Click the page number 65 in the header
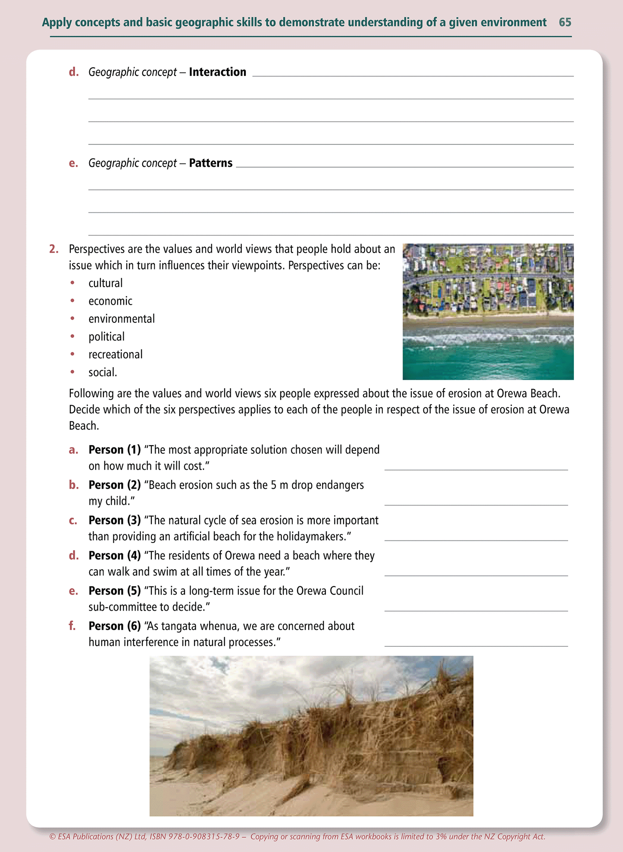[565, 22]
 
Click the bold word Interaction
[217, 72]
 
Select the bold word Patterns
[210, 163]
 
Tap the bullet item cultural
[106, 283]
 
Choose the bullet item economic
[110, 301]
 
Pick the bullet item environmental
[122, 319]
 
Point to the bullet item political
[106, 337]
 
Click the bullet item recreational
[116, 354]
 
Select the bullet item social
[103, 372]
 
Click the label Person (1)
[115, 449]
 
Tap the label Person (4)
[115, 556]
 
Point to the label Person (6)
[115, 626]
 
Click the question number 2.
[53, 249]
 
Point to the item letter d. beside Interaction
[74, 72]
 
